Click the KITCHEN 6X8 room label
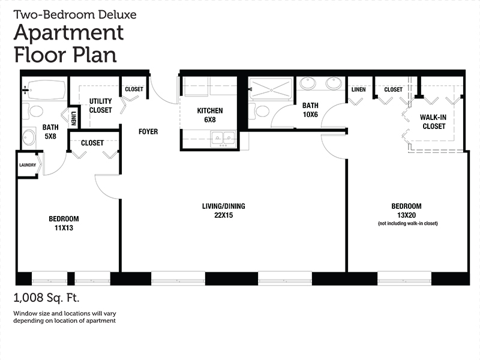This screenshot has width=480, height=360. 210,115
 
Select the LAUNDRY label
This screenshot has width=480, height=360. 28,165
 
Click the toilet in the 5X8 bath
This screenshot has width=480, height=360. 34,112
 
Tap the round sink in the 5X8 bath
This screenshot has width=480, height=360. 29,138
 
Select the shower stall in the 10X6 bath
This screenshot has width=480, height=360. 271,89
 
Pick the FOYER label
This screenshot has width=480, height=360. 148,131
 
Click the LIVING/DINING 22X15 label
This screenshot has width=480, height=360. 223,211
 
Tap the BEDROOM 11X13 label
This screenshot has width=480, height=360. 64,223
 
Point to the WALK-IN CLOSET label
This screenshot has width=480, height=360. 433,122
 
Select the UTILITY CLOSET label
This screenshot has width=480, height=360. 100,106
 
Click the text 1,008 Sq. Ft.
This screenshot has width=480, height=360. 46,298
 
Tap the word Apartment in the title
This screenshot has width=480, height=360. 68,33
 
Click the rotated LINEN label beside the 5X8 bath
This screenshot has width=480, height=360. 73,118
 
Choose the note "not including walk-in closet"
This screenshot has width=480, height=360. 408,223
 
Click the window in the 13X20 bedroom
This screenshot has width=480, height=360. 404,278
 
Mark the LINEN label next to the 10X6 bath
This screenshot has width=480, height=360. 358,89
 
